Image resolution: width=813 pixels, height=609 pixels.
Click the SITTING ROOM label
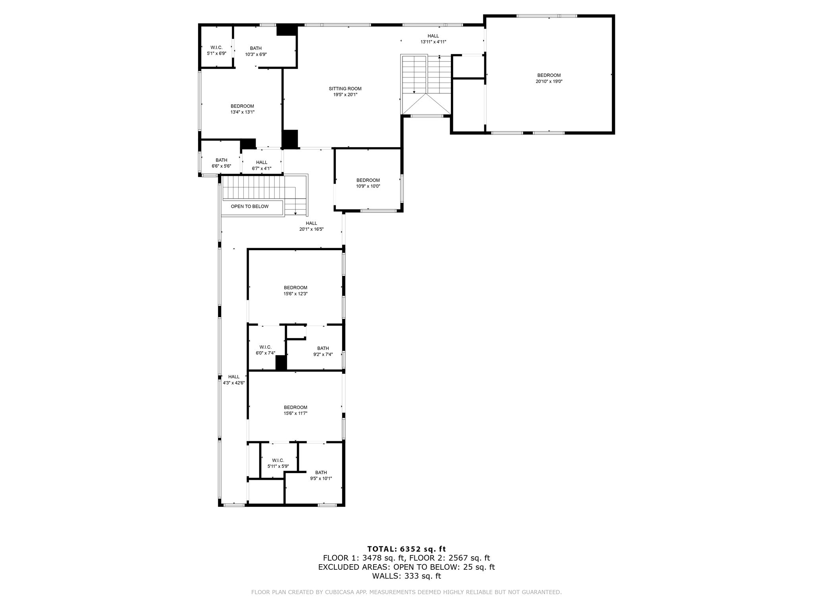(345, 89)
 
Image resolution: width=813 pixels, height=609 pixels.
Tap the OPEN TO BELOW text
(250, 207)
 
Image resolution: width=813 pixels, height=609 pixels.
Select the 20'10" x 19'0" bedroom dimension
(549, 81)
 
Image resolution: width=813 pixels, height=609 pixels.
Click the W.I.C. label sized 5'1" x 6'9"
(216, 48)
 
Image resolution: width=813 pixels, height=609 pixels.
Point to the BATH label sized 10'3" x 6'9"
(256, 48)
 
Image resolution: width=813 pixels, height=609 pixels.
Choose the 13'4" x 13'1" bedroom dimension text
(242, 112)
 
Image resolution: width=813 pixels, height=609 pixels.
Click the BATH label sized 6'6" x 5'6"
(222, 160)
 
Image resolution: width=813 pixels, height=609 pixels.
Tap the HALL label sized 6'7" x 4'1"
(262, 163)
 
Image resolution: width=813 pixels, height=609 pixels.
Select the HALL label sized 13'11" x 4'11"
(433, 36)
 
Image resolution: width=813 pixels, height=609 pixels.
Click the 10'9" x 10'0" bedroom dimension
(368, 186)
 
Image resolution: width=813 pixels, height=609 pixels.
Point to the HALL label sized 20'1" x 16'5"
(311, 223)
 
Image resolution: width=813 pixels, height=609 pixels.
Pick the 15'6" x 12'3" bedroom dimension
(295, 294)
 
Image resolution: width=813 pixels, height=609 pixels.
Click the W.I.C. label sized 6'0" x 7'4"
(265, 347)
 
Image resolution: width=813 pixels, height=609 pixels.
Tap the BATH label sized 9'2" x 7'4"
(323, 349)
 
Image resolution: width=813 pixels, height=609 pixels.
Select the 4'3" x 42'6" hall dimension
(233, 383)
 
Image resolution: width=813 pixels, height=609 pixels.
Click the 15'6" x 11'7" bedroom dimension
(295, 414)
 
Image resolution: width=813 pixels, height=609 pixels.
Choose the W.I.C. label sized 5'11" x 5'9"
(278, 460)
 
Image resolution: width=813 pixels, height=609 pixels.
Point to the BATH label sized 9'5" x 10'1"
(321, 473)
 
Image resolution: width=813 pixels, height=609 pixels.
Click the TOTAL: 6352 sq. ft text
(406, 549)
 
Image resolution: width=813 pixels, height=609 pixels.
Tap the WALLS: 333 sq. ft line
(406, 576)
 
